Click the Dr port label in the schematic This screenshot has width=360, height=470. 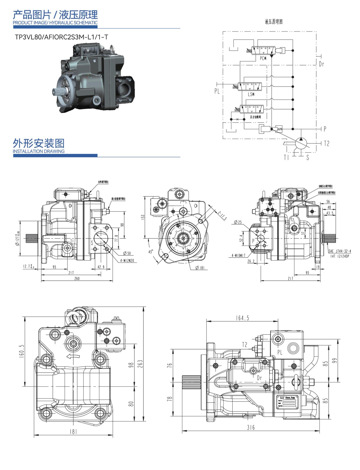[x=321, y=64]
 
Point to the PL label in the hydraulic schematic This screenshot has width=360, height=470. [x=217, y=91]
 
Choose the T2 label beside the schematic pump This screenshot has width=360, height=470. [x=327, y=143]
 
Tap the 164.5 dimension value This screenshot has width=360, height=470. [x=242, y=318]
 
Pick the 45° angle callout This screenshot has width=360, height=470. [x=151, y=252]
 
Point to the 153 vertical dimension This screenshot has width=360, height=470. [x=143, y=217]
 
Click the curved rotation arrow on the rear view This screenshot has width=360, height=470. [x=73, y=356]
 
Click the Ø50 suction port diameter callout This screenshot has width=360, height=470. [x=127, y=253]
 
